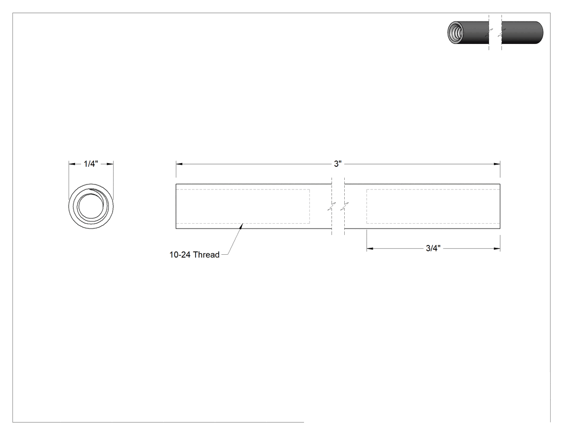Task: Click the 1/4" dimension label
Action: (x=91, y=164)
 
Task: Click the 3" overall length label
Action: (x=337, y=164)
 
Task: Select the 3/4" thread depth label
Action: (x=433, y=248)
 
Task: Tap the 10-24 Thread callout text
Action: (x=194, y=255)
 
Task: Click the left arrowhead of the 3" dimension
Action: (x=179, y=164)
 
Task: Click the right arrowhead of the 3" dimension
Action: (x=497, y=164)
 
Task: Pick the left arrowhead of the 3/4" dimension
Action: (x=370, y=248)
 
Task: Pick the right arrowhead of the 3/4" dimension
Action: (x=497, y=248)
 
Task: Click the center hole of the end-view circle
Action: (x=91, y=206)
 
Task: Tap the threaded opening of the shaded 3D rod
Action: (x=455, y=33)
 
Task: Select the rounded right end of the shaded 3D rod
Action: (x=540, y=33)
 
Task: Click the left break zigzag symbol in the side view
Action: (x=332, y=206)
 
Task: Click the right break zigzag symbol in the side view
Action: (x=345, y=206)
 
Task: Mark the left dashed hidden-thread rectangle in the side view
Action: (x=243, y=189)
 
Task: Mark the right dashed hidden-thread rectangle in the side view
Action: (x=433, y=189)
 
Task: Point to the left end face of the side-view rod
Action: (x=176, y=206)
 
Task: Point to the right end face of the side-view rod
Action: (x=500, y=206)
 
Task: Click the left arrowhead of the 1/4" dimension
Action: (x=72, y=164)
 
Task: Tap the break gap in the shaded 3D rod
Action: (x=495, y=33)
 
